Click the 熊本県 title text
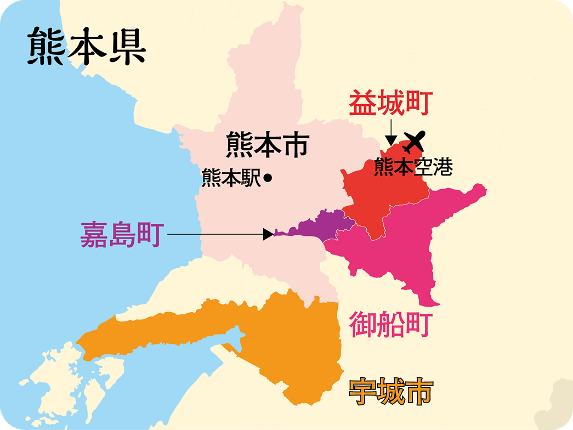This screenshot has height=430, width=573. pos(87,47)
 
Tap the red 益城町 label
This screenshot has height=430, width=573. pos(391,104)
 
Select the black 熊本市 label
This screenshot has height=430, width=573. pos(268,146)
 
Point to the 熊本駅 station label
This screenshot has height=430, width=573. pos(231,178)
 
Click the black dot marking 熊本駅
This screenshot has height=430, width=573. pos(268,178)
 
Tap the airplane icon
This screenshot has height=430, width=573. pos(414,142)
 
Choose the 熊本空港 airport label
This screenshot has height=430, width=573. pos(413,167)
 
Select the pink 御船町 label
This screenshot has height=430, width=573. pos(391,324)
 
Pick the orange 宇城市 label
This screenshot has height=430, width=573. pos(391,392)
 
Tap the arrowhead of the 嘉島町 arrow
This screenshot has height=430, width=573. pos(269,234)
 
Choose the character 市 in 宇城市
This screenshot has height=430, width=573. pos(419,392)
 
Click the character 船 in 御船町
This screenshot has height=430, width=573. pos(391,324)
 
